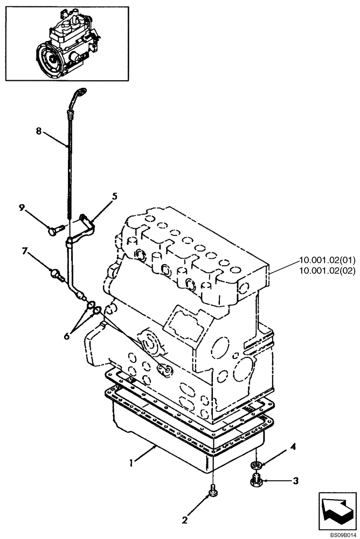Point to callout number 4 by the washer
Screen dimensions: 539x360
pyautogui.click(x=294, y=447)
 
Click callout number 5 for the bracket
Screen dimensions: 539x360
pyautogui.click(x=115, y=197)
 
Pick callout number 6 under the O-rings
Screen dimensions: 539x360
pyautogui.click(x=67, y=335)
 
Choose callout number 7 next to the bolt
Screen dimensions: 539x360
pyautogui.click(x=25, y=251)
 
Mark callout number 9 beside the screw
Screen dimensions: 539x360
pyautogui.click(x=23, y=208)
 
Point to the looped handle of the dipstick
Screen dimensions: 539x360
pyautogui.click(x=80, y=94)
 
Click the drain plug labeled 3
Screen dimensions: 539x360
pyautogui.click(x=257, y=479)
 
